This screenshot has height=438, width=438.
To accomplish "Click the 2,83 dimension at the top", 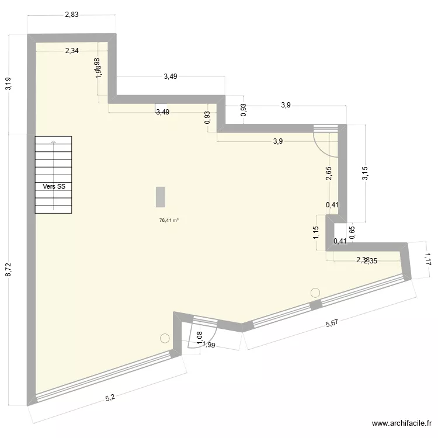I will [x=71, y=15].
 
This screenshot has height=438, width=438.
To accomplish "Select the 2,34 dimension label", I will [x=72, y=51].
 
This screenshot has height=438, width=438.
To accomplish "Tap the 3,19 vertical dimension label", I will [x=8, y=84].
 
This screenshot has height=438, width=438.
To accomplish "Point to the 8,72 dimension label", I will [x=8, y=269].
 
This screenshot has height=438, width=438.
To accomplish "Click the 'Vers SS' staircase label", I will [x=54, y=187].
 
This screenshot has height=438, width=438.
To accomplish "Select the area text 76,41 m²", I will [x=169, y=221].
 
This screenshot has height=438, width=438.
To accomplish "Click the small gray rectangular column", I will [x=160, y=196].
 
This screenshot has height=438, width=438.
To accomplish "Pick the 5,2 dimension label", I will [x=109, y=398].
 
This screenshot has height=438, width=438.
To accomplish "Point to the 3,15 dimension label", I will [x=366, y=173].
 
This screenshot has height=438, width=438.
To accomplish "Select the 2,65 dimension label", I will [x=329, y=173].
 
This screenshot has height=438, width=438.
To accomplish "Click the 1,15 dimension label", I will [x=316, y=233].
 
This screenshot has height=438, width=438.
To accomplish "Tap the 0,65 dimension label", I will [x=352, y=232].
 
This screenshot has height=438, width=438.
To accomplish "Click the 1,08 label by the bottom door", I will [x=199, y=338].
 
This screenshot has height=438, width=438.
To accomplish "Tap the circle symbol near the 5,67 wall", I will [x=316, y=292].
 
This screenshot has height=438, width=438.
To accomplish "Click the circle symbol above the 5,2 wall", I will [x=165, y=338].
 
